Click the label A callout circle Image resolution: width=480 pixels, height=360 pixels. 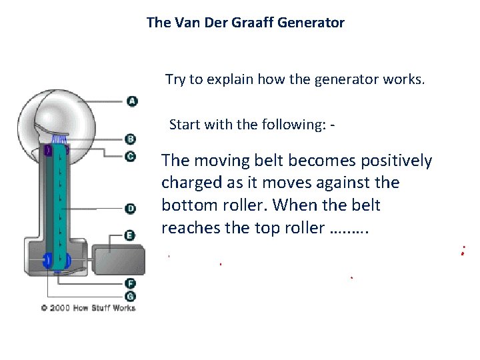tap(132, 101)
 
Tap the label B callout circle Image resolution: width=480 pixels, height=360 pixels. tap(131, 139)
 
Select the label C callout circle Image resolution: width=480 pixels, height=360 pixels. tap(131, 157)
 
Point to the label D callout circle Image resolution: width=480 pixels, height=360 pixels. tap(131, 209)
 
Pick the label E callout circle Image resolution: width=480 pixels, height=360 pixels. tap(131, 235)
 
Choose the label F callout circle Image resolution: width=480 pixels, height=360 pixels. tap(131, 283)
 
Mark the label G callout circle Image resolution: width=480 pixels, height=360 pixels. tap(131, 295)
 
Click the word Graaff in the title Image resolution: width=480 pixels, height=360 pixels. tap(243, 23)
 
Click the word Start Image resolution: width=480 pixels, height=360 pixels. tap(184, 125)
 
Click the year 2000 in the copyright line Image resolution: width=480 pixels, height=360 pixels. tap(61, 308)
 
